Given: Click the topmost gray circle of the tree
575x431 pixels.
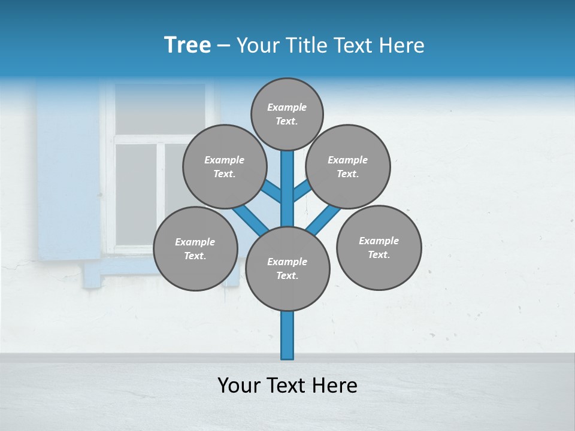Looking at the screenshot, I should click(287, 114).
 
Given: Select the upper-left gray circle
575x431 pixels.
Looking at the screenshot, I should click(224, 166).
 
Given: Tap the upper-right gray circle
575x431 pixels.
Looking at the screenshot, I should click(348, 166).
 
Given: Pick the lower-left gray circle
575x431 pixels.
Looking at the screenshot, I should click(195, 248).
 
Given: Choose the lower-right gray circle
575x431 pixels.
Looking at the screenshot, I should click(379, 247).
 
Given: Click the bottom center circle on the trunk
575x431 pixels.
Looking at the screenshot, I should click(287, 269).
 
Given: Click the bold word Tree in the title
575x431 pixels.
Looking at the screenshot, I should click(187, 45).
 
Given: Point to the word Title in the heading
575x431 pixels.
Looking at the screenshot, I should click(305, 45).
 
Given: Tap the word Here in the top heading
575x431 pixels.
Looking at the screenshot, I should click(401, 45).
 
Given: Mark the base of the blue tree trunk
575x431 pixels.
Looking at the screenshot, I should click(287, 353).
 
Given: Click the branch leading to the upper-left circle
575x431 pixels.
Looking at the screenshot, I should click(272, 192).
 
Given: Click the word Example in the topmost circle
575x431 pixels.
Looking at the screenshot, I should click(287, 107).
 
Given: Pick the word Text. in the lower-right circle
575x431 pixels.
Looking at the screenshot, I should click(379, 254).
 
